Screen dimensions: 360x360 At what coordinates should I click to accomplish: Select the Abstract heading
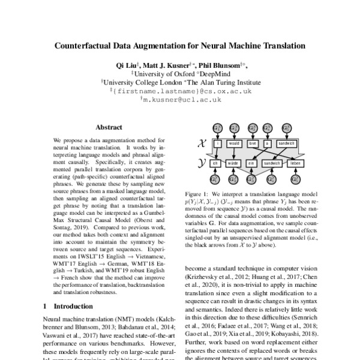point(109,127)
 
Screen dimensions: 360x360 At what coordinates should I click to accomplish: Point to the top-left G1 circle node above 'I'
point(218,128)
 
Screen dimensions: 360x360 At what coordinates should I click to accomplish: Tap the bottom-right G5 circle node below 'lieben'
point(295,179)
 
